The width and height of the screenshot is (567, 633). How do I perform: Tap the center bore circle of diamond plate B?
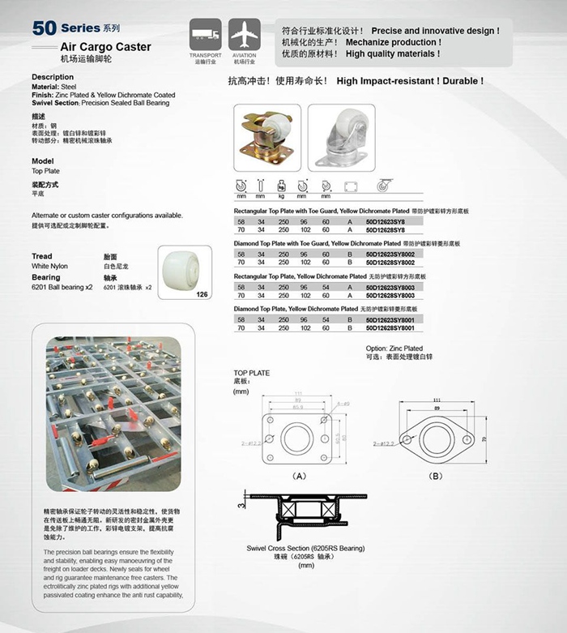(x=435, y=437)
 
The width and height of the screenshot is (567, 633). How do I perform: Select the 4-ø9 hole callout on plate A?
(x=340, y=403)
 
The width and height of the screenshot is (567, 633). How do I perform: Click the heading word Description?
(x=53, y=77)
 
